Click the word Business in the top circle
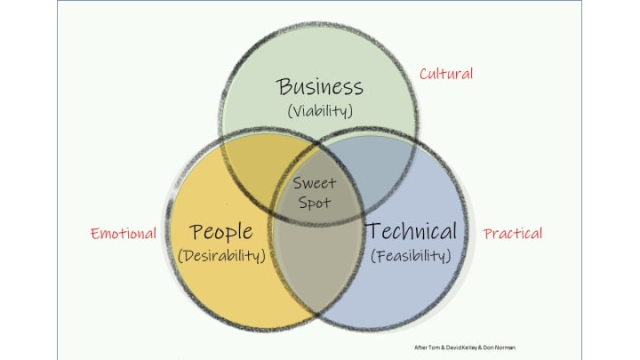click(x=320, y=87)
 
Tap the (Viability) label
click(x=320, y=112)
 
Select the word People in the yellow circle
click(x=221, y=232)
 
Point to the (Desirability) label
click(x=222, y=256)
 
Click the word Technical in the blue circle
click(x=412, y=232)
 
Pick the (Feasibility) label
click(x=411, y=256)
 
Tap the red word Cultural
click(x=446, y=74)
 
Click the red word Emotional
click(x=124, y=234)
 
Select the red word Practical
click(x=513, y=234)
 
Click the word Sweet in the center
click(x=315, y=184)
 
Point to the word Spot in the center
click(x=315, y=203)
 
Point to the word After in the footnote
click(x=421, y=346)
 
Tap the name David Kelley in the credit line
click(x=464, y=346)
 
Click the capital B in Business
click(x=284, y=87)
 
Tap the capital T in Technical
click(x=373, y=232)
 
